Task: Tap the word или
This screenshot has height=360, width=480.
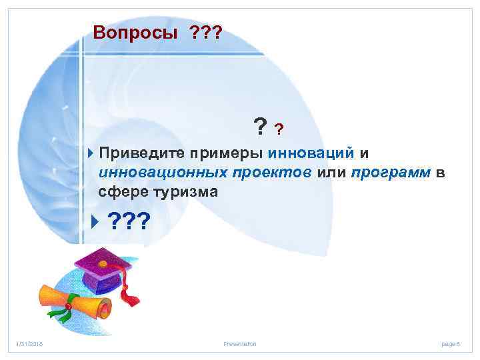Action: [331, 173]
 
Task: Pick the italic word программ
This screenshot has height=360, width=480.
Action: [390, 173]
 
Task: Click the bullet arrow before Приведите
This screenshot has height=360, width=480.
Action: [91, 153]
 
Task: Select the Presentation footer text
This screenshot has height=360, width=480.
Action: [240, 343]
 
